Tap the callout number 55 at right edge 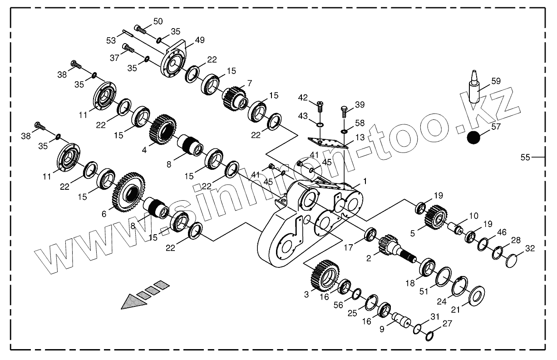pos(525,158)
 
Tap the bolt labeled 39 pos(344,110)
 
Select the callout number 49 pos(200,40)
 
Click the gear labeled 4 pos(162,130)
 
